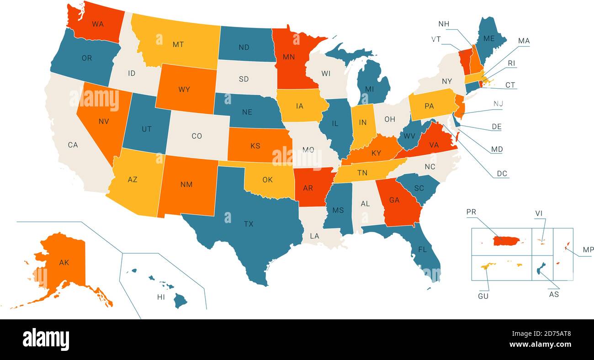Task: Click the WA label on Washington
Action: coord(98,24)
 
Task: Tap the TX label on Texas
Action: coord(249,224)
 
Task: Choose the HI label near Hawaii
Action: coord(161,297)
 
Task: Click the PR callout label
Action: coord(471,212)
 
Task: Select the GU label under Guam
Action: coord(483,296)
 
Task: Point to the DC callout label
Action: coord(503,174)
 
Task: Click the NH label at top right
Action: coord(443,24)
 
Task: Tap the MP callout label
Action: coord(588,250)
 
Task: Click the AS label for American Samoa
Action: coord(554,294)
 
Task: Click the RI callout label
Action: coord(511,63)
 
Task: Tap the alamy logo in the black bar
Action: coord(46,339)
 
